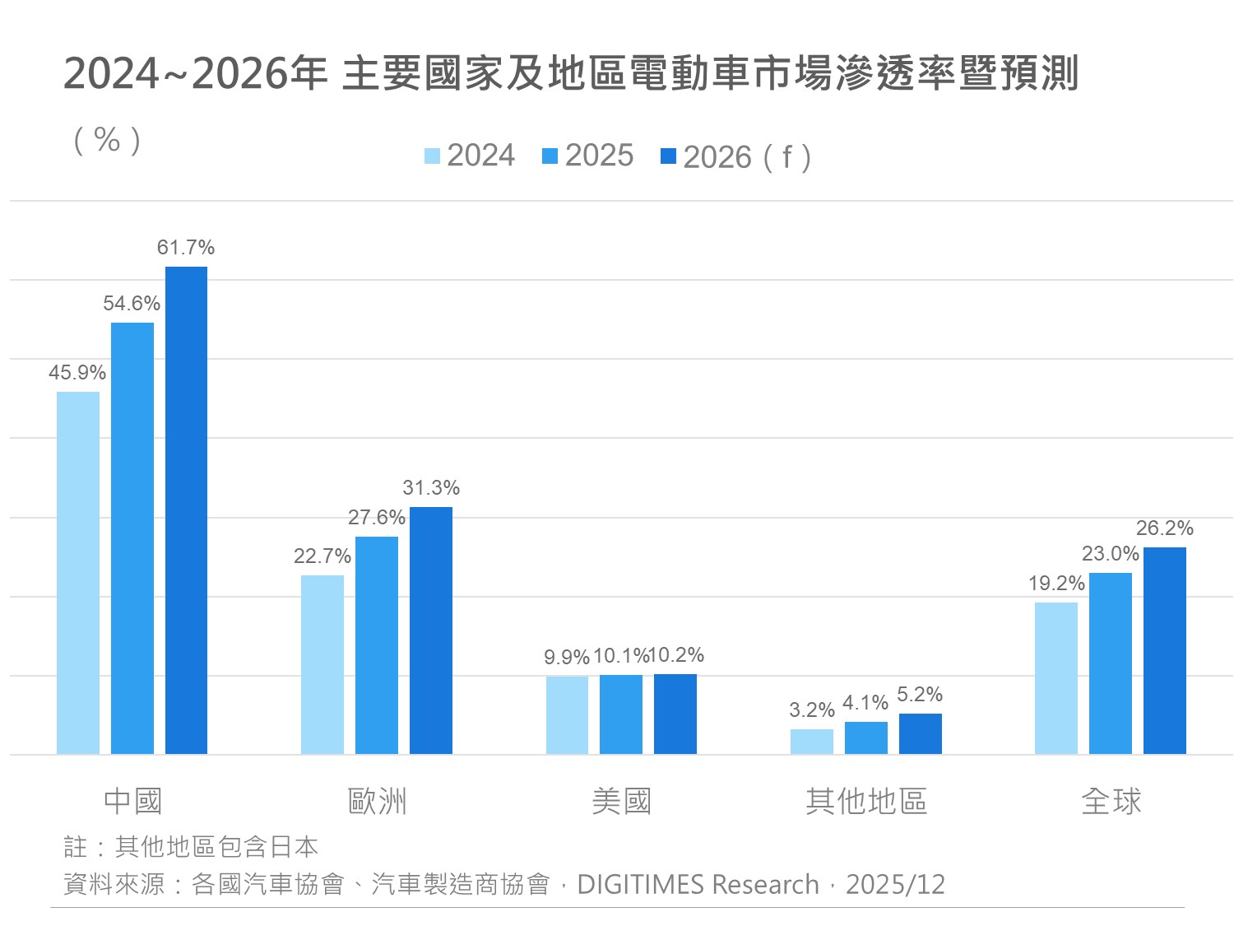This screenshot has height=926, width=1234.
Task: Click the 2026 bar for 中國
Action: pyautogui.click(x=186, y=510)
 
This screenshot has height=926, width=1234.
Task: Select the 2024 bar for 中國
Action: pyautogui.click(x=78, y=573)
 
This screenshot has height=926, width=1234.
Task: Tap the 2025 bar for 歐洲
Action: pyautogui.click(x=377, y=645)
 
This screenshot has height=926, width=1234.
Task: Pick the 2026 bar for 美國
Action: pyautogui.click(x=675, y=714)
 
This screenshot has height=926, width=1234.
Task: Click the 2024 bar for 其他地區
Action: pyautogui.click(x=812, y=742)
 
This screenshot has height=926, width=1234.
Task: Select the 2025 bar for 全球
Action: pyautogui.click(x=1111, y=663)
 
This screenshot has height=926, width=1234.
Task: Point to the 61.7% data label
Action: pyautogui.click(x=186, y=248)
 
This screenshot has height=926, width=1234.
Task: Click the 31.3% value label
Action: pyautogui.click(x=431, y=488)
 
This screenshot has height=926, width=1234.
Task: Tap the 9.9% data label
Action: pyautogui.click(x=567, y=658)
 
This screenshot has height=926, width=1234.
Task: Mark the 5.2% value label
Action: pyautogui.click(x=920, y=695)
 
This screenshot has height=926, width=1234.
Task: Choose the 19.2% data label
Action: pyautogui.click(x=1056, y=584)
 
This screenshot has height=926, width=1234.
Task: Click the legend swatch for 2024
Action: pyautogui.click(x=433, y=156)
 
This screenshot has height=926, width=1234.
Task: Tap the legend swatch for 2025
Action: pyautogui.click(x=550, y=156)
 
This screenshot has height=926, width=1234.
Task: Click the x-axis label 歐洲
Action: pyautogui.click(x=377, y=801)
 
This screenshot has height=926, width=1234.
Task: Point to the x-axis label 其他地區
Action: pyautogui.click(x=866, y=801)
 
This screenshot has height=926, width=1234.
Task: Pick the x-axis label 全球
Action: pyautogui.click(x=1111, y=801)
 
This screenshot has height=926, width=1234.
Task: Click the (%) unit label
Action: pyautogui.click(x=108, y=140)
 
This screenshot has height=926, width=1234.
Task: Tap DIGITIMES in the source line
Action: pyautogui.click(x=642, y=884)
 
